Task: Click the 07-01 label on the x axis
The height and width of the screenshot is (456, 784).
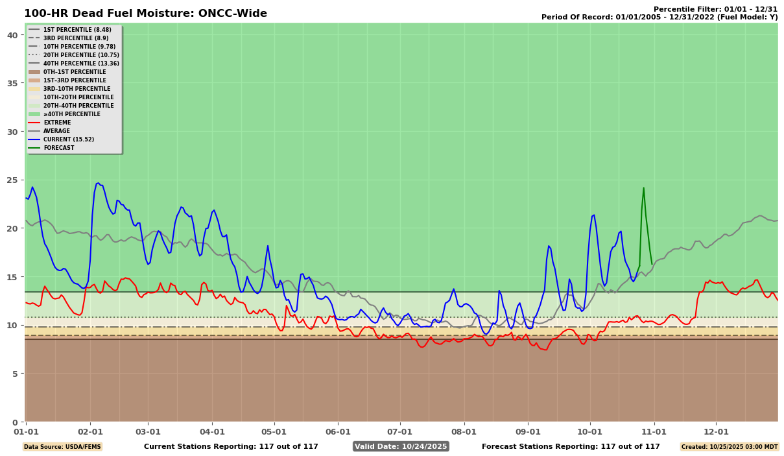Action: tap(399, 431)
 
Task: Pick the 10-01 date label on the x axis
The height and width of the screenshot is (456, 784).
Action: tap(590, 431)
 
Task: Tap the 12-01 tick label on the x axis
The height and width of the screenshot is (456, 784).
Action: tap(716, 431)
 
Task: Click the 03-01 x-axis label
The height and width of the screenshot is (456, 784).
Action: tap(148, 431)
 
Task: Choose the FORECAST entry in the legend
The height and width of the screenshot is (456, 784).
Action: tap(58, 148)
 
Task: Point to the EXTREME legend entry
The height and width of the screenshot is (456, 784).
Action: tap(57, 123)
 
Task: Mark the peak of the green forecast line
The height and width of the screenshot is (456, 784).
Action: tap(643, 188)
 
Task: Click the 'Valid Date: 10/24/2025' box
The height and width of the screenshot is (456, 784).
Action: tap(401, 446)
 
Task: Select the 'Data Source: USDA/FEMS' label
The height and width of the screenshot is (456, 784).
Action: tap(62, 447)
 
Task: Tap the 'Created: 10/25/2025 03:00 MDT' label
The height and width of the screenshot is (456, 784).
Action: tap(728, 447)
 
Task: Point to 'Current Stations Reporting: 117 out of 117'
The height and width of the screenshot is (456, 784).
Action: tap(231, 446)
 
